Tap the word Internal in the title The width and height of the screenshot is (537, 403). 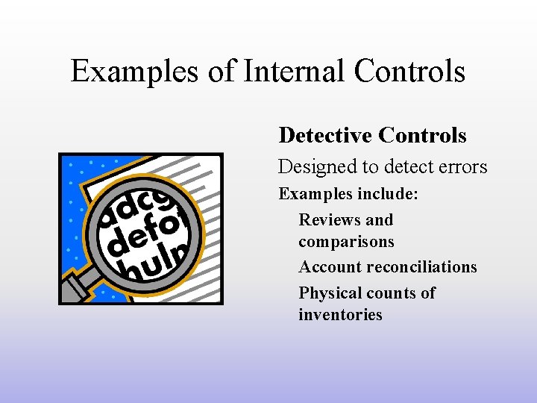(x=286, y=72)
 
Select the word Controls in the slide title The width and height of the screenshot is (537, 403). (x=409, y=72)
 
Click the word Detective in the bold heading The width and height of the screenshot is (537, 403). (x=325, y=135)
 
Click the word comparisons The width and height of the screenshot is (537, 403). (x=346, y=242)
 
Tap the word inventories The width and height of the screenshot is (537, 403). (x=340, y=315)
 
